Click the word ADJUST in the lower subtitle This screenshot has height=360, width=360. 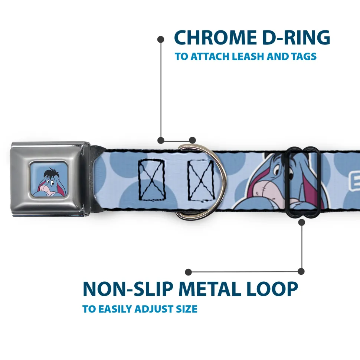[155, 309]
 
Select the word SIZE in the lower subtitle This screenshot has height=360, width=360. [187, 309]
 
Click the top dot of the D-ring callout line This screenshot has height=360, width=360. [161, 39]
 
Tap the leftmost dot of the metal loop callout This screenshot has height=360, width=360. [189, 272]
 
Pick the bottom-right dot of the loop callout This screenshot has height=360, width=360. [301, 272]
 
